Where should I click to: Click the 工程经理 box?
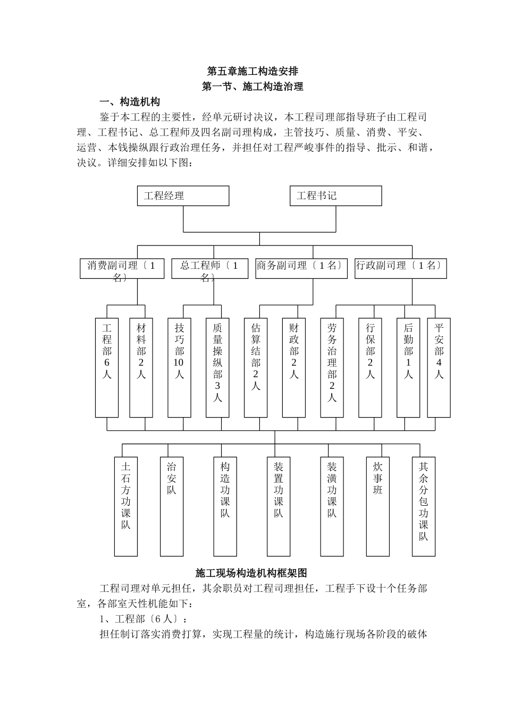(183, 196)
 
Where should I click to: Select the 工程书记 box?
(335, 196)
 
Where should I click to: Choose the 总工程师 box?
(209, 269)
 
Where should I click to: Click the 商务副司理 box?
(301, 269)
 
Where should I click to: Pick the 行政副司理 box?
(400, 269)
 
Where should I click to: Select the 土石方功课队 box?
(125, 506)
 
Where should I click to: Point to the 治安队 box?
(172, 506)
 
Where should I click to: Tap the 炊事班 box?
(377, 506)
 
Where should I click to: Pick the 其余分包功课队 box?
(424, 506)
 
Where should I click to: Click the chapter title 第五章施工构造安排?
(252, 71)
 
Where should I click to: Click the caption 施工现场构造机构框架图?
(251, 573)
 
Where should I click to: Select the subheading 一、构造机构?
(130, 101)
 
